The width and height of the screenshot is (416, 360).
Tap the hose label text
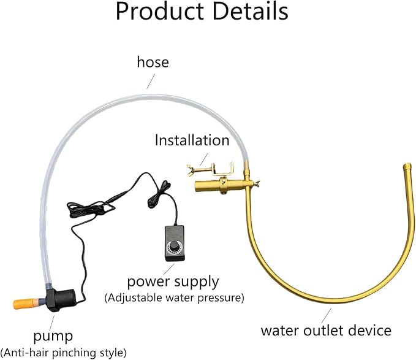point(153,62)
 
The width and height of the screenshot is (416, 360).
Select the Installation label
point(192,140)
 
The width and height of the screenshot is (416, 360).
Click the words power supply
point(173,282)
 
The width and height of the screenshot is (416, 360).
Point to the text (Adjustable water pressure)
point(175,297)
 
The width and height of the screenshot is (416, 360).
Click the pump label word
point(53,337)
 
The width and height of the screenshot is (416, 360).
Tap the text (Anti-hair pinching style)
point(64,353)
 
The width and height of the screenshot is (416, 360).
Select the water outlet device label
point(326,331)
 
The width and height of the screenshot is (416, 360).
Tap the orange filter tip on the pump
point(24,304)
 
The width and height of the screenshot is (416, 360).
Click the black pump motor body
point(61,300)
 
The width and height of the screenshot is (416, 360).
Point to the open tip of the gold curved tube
point(407,166)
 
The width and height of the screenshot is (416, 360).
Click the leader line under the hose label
point(151,81)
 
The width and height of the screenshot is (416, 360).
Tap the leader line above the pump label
point(51,323)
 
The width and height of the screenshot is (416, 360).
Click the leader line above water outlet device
point(327,316)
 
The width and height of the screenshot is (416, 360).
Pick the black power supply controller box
point(175,243)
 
